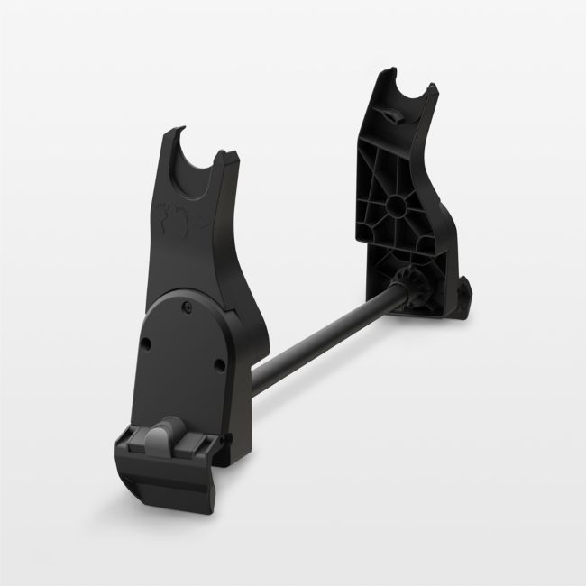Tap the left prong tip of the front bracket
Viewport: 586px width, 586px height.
pos(171,133)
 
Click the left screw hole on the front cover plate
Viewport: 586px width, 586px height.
pos(145,343)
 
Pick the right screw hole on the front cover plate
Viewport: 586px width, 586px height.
pos(220,364)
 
